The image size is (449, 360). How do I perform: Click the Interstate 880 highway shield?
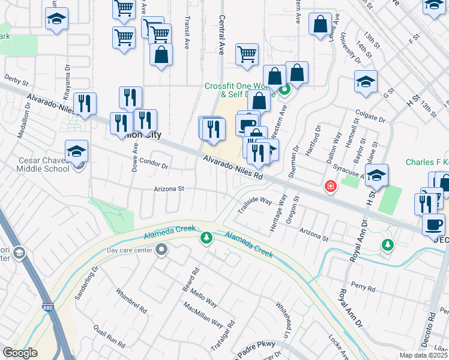point(47,308)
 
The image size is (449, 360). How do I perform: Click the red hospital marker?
point(330,187)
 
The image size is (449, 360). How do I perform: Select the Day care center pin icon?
point(161,250)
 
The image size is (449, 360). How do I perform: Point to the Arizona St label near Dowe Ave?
point(169,188)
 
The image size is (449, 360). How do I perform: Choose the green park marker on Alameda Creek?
point(206,239)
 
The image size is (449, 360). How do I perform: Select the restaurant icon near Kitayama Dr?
point(85,103)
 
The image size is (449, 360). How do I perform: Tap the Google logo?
point(20,353)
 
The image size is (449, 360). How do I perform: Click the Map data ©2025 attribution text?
point(423,355)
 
